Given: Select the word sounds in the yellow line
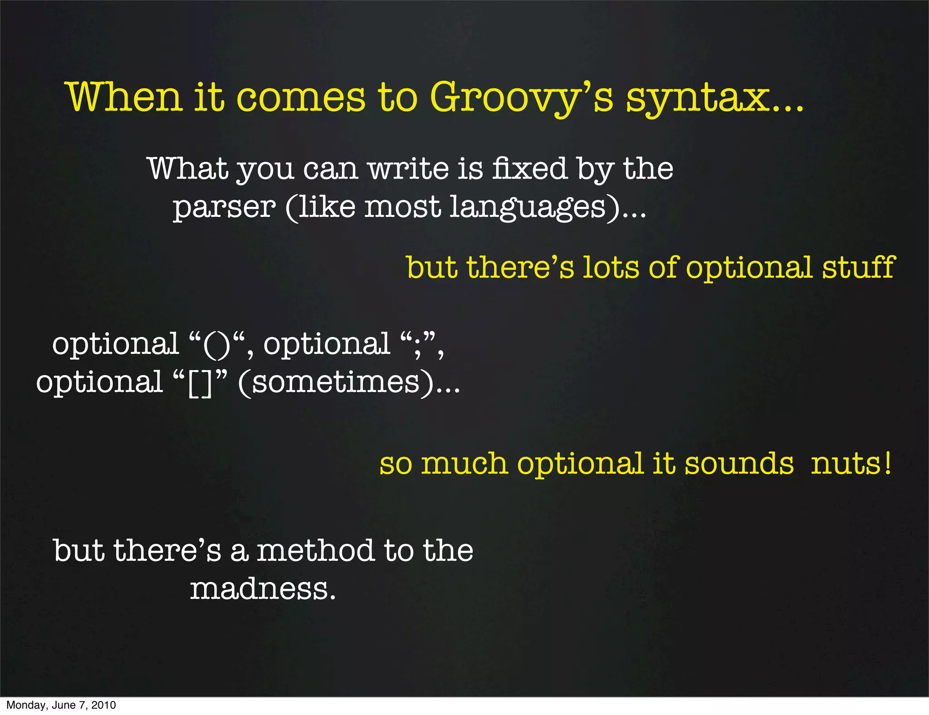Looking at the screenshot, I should [739, 464].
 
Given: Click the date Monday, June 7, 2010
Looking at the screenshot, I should [61, 705].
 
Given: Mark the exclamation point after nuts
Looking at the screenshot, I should [887, 463].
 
